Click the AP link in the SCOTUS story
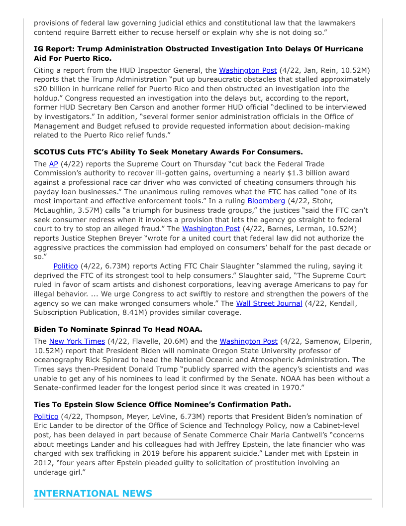click(53, 164)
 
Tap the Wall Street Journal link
click(269, 303)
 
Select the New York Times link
click(77, 341)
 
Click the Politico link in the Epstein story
click(46, 416)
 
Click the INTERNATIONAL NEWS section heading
click(93, 494)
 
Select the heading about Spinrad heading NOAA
click(118, 329)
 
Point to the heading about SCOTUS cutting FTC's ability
click(168, 152)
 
